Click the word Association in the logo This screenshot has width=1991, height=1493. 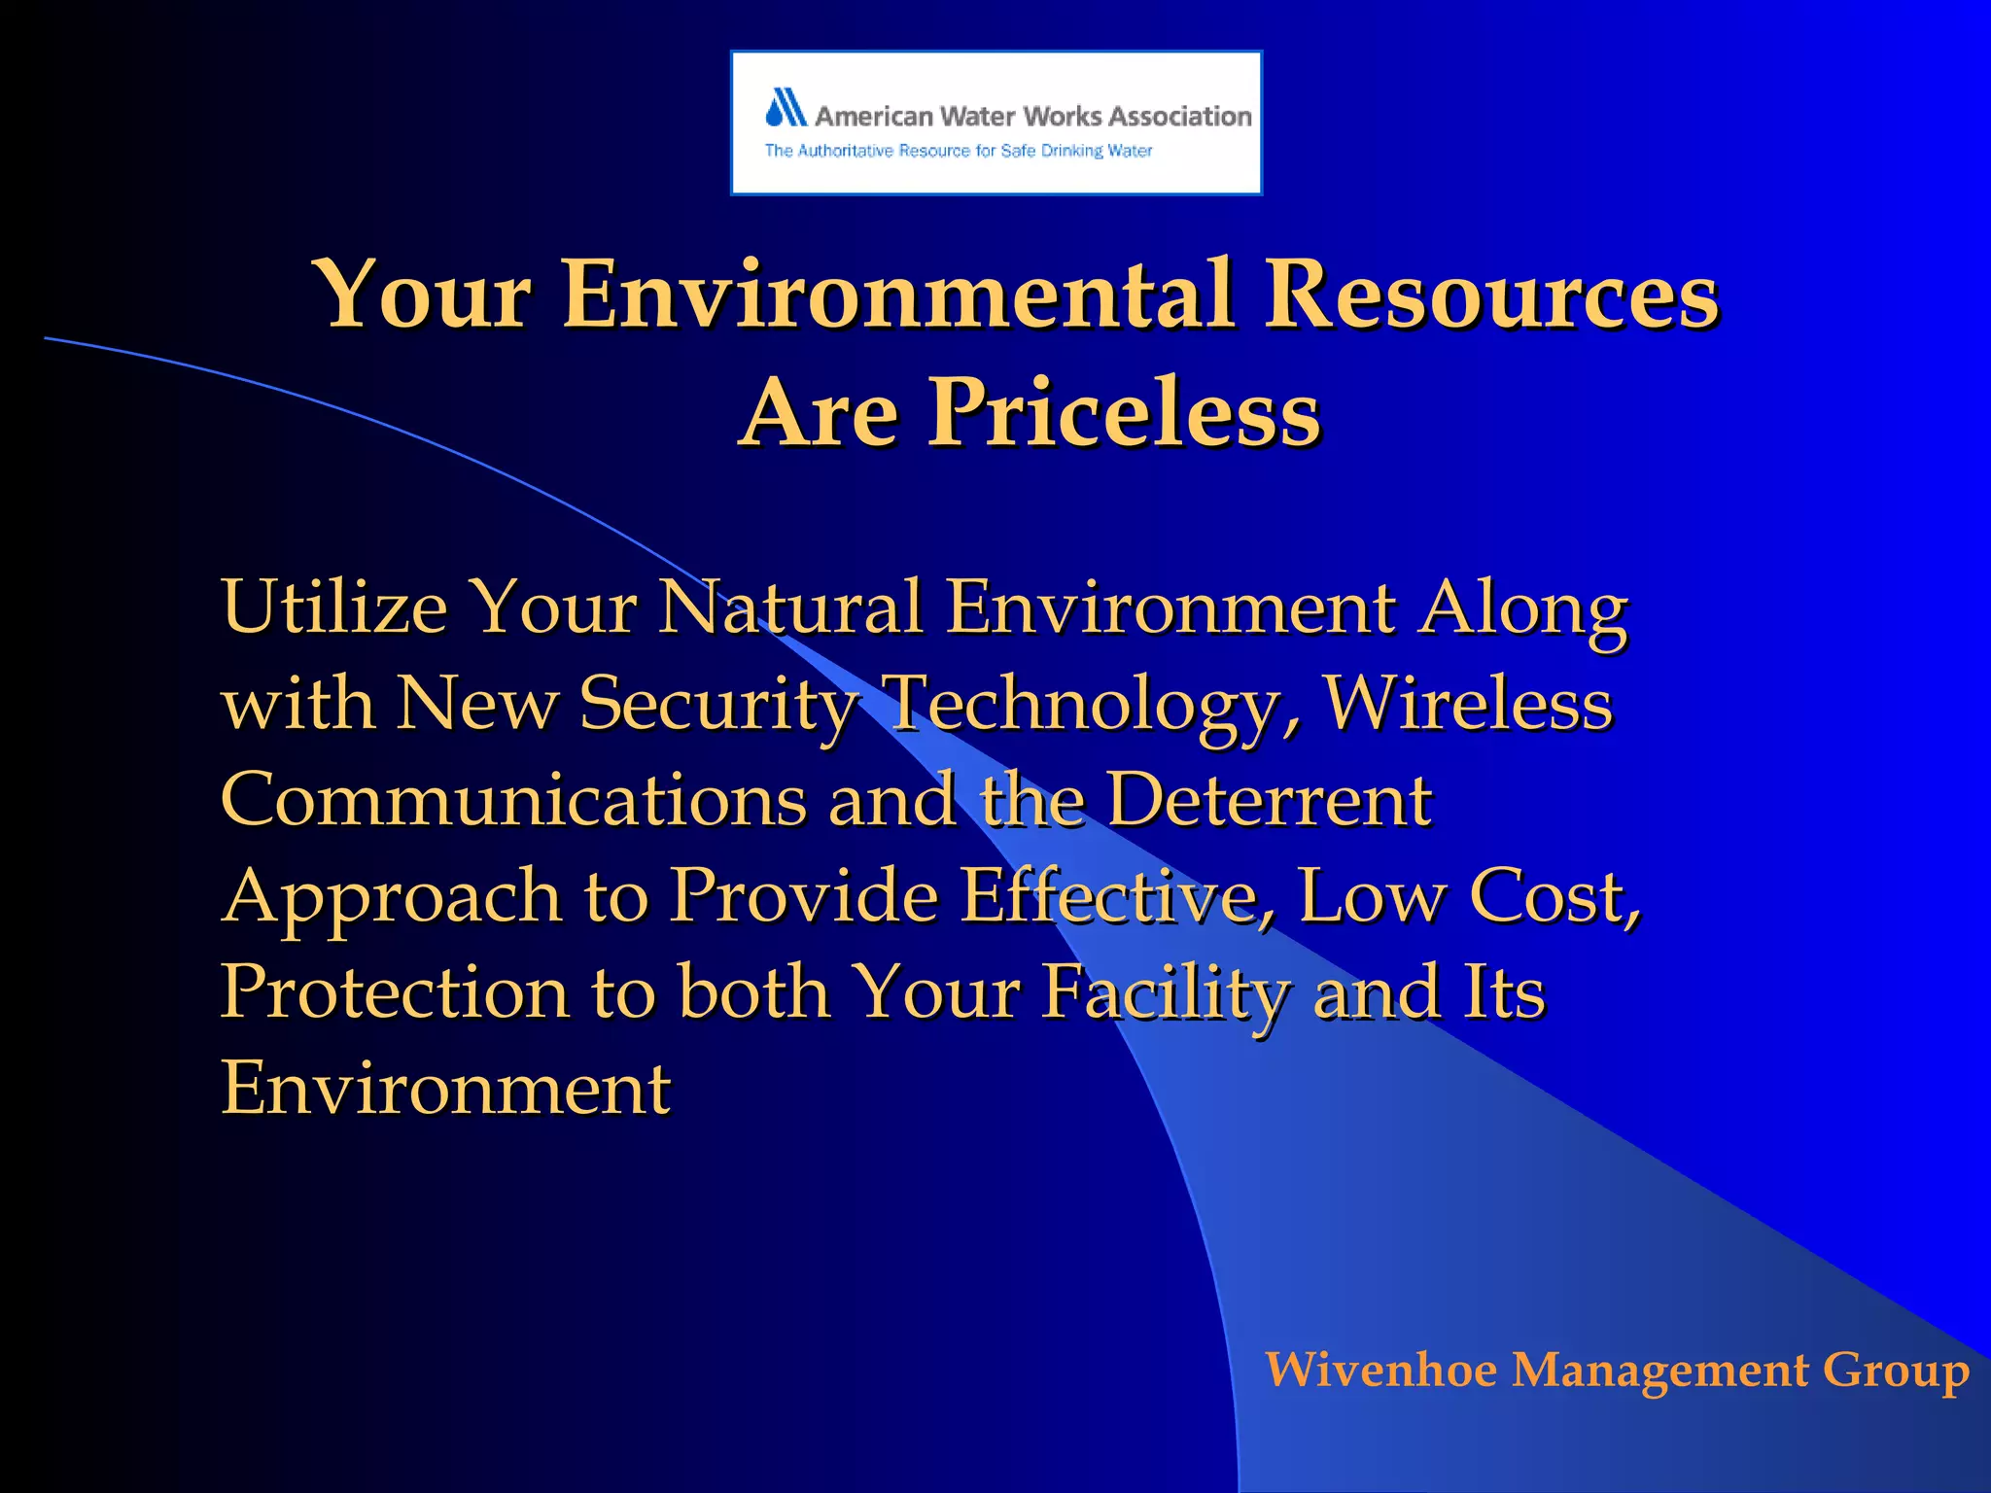pos(1179,117)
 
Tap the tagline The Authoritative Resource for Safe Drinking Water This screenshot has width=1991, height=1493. pos(958,151)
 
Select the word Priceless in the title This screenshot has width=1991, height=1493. pos(1125,412)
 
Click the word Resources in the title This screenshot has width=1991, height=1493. pos(1490,294)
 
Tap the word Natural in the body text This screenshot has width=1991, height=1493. pos(788,607)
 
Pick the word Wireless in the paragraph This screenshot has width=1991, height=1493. pos(1469,703)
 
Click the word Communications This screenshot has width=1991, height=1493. pos(513,799)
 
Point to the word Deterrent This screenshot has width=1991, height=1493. pos(1270,799)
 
